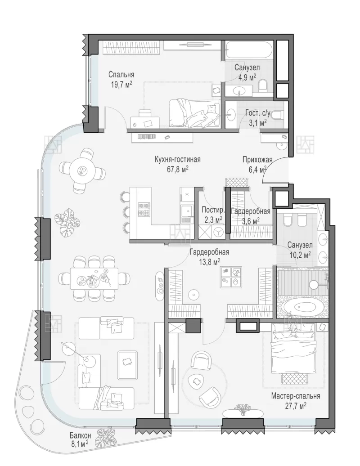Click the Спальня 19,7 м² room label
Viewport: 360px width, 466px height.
click(121, 79)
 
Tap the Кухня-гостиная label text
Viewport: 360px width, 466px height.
click(177, 160)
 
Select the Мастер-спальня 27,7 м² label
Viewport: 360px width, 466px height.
click(295, 400)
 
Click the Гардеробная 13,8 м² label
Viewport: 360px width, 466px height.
click(209, 256)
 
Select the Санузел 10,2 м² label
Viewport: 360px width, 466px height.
click(300, 250)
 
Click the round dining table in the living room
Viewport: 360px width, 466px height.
click(81, 170)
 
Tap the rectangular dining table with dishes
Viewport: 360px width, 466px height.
click(94, 278)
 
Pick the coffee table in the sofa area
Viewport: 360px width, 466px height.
click(127, 365)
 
